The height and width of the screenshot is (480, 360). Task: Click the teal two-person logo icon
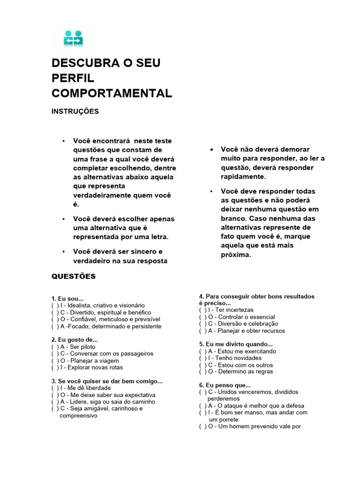73,38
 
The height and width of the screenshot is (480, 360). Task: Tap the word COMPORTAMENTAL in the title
112,93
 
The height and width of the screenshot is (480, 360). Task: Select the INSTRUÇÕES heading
75,112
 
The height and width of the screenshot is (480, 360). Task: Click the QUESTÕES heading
73,277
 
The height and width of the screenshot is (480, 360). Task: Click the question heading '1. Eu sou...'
67,299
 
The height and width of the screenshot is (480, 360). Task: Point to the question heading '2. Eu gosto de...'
75,340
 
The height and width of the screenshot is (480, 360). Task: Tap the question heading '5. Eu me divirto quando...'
236,344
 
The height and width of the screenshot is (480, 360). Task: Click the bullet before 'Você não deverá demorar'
212,150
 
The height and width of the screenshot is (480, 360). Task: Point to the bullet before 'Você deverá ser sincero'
63,252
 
